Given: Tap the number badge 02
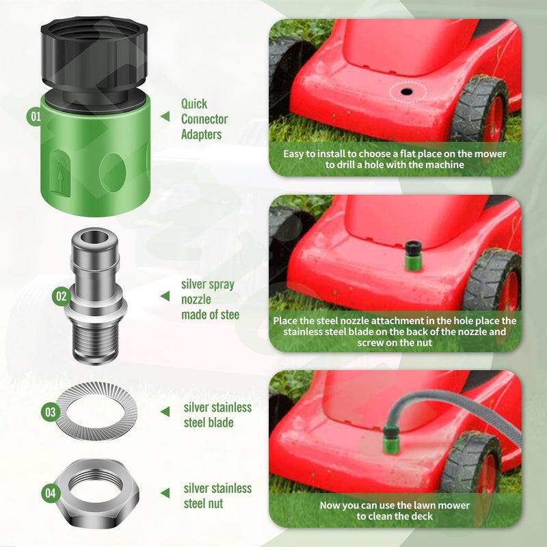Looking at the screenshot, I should tap(61, 296).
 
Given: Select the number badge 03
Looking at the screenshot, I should tap(50, 412).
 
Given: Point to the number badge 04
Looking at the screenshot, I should tap(50, 492).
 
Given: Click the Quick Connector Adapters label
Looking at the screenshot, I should tap(204, 120).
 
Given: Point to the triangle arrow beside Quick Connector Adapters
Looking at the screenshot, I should tap(164, 117).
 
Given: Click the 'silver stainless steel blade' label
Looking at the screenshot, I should tap(217, 415).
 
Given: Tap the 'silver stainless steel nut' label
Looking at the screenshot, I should tap(217, 496).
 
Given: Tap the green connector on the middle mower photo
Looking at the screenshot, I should tap(412, 256).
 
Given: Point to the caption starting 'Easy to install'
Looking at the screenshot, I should tap(395, 159).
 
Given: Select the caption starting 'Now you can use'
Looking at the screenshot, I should tap(395, 511).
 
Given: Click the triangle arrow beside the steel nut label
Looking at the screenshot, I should tap(164, 492).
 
